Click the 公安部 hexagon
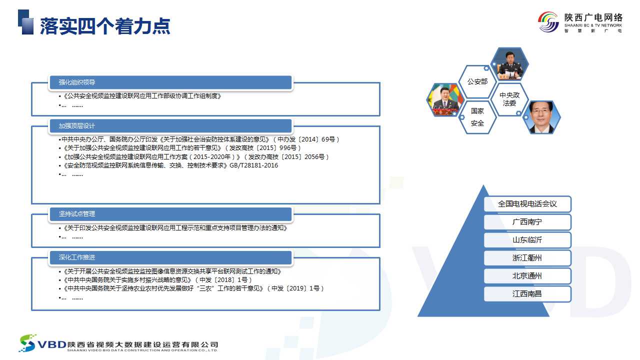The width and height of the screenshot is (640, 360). click(x=477, y=81)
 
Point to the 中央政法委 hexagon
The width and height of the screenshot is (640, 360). click(x=509, y=99)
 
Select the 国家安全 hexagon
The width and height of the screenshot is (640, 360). click(x=477, y=117)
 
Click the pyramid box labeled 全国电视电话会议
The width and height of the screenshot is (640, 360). click(x=527, y=204)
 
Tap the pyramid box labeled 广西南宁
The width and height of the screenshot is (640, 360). click(x=527, y=222)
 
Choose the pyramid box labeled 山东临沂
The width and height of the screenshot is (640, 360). click(x=527, y=240)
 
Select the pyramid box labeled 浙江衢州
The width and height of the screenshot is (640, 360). click(x=527, y=258)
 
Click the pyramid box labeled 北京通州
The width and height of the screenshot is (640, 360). click(x=527, y=276)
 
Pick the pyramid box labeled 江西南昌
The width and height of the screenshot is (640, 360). click(x=527, y=294)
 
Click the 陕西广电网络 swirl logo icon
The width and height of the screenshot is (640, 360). click(x=548, y=22)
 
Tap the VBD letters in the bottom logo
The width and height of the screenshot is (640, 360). click(x=52, y=345)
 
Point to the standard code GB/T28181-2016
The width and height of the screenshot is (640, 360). click(x=253, y=165)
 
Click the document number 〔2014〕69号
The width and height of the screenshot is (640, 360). click(x=317, y=139)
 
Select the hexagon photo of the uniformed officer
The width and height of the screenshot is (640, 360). click(x=509, y=63)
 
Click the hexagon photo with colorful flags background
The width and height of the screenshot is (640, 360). click(x=445, y=99)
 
